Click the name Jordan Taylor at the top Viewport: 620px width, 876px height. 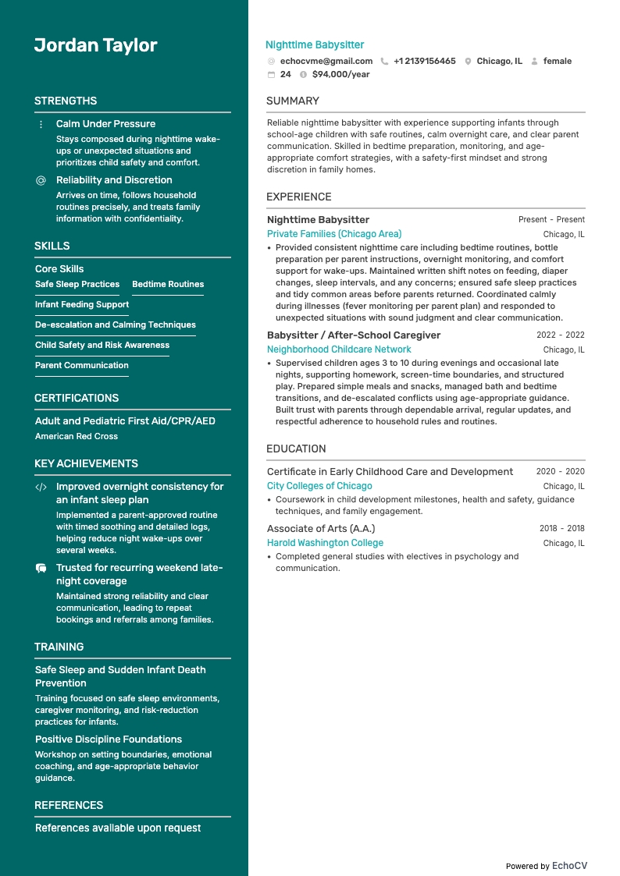pyautogui.click(x=95, y=45)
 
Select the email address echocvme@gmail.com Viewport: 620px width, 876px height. pyautogui.click(x=326, y=61)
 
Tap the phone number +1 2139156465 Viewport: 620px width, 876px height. pyautogui.click(x=424, y=61)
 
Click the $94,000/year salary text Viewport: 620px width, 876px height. pyautogui.click(x=340, y=74)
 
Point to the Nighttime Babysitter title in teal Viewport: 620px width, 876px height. pyautogui.click(x=315, y=45)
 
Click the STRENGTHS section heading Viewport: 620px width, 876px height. pyautogui.click(x=66, y=101)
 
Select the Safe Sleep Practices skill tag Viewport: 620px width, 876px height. pyautogui.click(x=77, y=284)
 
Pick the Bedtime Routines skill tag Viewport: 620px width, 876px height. pyautogui.click(x=168, y=284)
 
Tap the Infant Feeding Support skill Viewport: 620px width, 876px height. pyautogui.click(x=82, y=304)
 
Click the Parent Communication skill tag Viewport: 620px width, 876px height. pyautogui.click(x=82, y=365)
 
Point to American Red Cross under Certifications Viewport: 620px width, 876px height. pyautogui.click(x=77, y=436)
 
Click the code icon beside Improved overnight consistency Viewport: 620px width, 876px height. pyautogui.click(x=41, y=487)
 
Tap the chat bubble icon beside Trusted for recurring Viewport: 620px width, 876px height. pyautogui.click(x=41, y=569)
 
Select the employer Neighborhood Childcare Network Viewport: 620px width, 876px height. pyautogui.click(x=339, y=349)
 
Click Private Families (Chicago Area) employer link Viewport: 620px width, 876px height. pyautogui.click(x=334, y=234)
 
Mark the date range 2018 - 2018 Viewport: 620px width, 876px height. pyautogui.click(x=561, y=528)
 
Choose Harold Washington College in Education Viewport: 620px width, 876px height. pyautogui.click(x=325, y=543)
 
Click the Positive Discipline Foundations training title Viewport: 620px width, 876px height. pyautogui.click(x=109, y=739)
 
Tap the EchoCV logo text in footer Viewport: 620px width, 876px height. pyautogui.click(x=569, y=866)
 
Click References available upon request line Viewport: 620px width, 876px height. pyautogui.click(x=118, y=828)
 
